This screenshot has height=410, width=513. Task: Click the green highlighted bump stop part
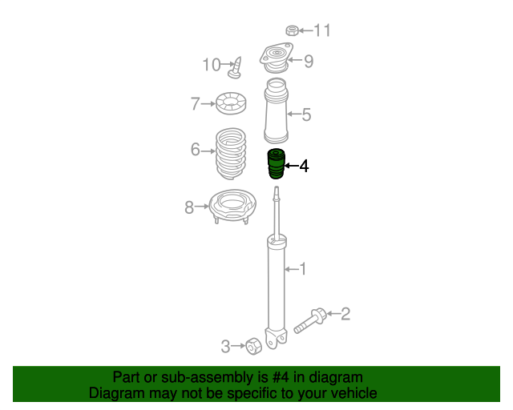click(276, 164)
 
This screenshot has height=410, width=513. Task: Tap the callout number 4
click(304, 166)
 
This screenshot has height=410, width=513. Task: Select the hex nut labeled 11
click(292, 30)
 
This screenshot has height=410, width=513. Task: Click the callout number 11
click(322, 30)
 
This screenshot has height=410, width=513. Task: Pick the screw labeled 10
click(236, 68)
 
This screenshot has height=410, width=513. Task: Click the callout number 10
click(212, 64)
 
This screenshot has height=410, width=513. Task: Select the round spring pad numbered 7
click(231, 103)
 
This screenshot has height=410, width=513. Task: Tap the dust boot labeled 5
click(276, 111)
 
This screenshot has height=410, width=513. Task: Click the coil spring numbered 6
click(231, 153)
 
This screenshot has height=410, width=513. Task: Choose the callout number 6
click(196, 150)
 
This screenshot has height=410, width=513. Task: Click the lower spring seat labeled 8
click(232, 206)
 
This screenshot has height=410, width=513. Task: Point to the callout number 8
click(189, 207)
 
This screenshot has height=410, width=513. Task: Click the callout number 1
click(303, 269)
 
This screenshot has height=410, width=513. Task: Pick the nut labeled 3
click(254, 346)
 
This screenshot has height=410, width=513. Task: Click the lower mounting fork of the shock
click(276, 339)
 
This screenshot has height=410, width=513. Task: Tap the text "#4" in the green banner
click(281, 377)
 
